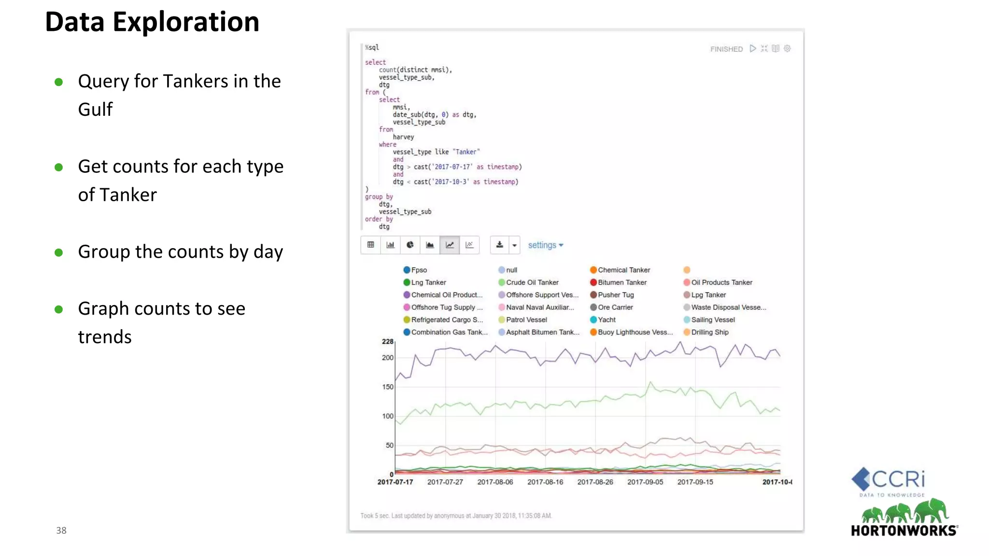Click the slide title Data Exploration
(x=152, y=22)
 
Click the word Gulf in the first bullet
(x=95, y=110)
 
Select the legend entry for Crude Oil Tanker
(x=531, y=282)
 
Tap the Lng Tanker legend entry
(x=428, y=282)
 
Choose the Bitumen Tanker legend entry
(x=622, y=282)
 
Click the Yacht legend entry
(x=606, y=320)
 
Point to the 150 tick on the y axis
(x=387, y=387)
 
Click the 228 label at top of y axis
(x=387, y=342)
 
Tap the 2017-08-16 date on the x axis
(x=545, y=482)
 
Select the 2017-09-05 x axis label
(x=645, y=482)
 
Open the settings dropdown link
(x=545, y=245)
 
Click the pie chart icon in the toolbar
(x=410, y=245)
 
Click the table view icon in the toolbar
(x=370, y=245)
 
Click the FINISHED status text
(x=726, y=49)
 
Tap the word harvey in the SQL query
(x=403, y=137)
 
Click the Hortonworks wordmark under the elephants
(x=904, y=530)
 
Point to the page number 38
(x=61, y=530)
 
